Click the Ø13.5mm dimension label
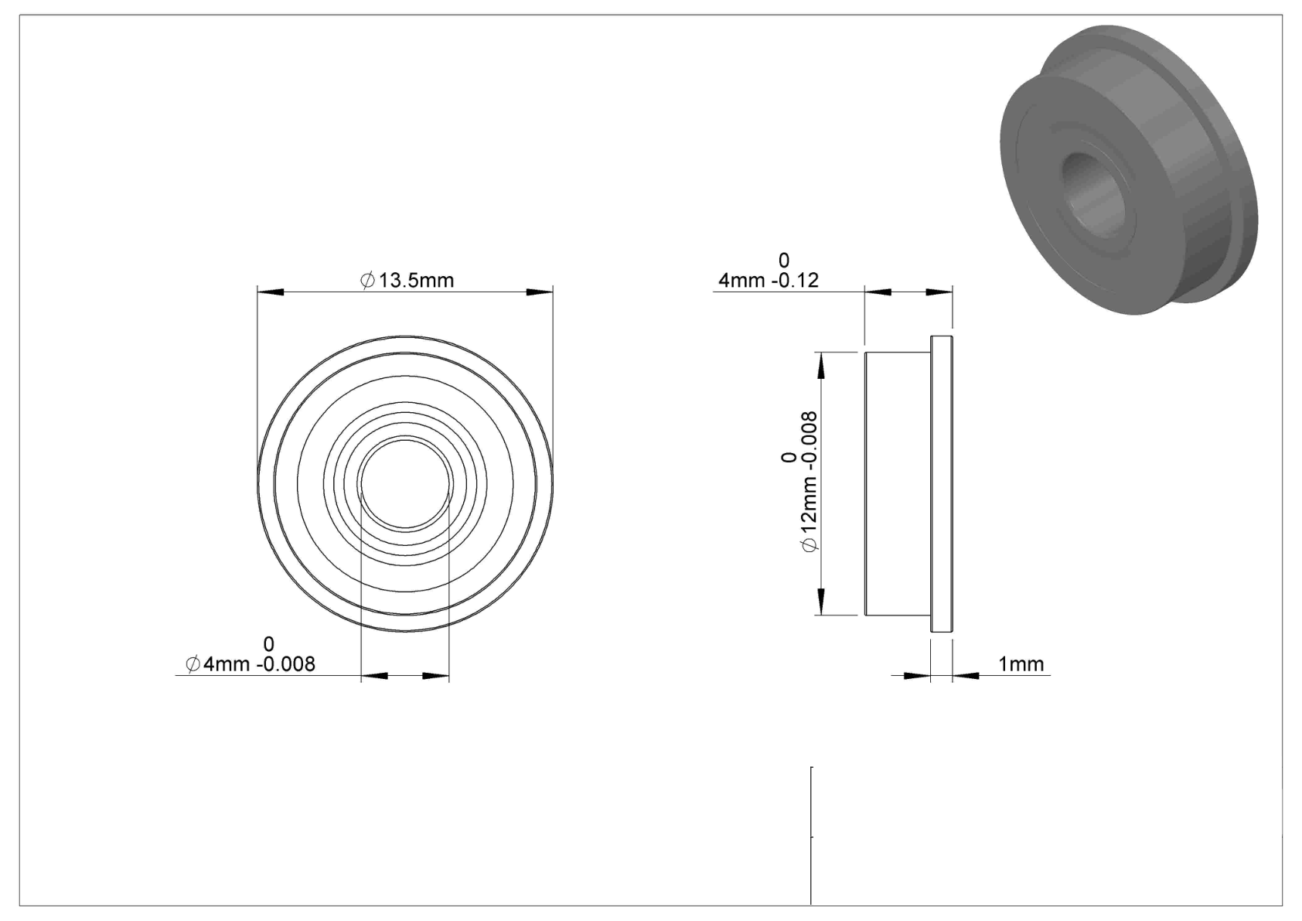pyautogui.click(x=407, y=280)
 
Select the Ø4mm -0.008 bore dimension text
pyautogui.click(x=251, y=663)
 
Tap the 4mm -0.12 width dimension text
pyautogui.click(x=769, y=280)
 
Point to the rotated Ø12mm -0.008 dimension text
pyautogui.click(x=809, y=482)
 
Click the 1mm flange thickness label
pyautogui.click(x=1021, y=663)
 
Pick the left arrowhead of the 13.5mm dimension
pyautogui.click(x=271, y=292)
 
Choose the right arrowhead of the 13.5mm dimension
pyautogui.click(x=540, y=292)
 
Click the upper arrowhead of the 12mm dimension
pyautogui.click(x=821, y=365)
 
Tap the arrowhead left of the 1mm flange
pyautogui.click(x=917, y=676)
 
